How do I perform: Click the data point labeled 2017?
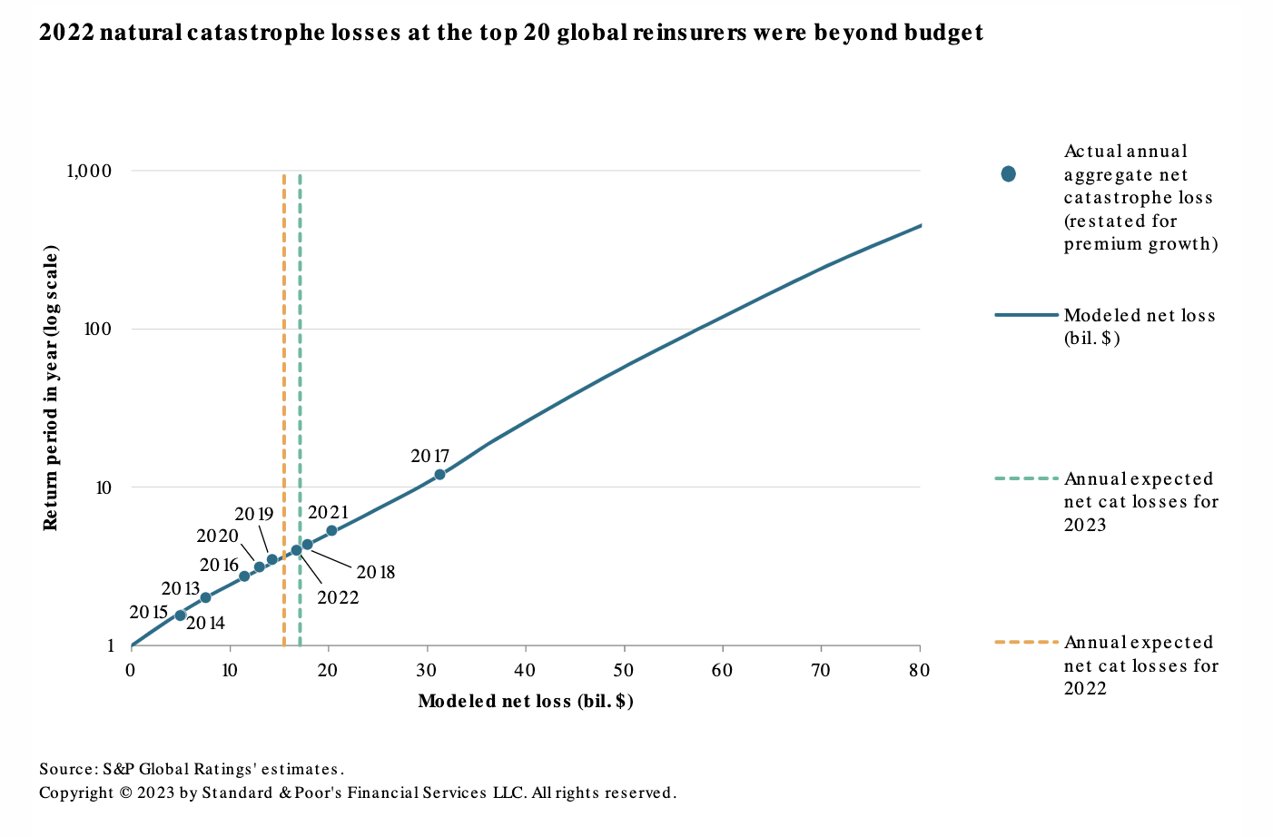pyautogui.click(x=439, y=474)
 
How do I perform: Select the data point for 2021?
pyautogui.click(x=331, y=530)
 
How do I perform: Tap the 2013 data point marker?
pyautogui.click(x=205, y=597)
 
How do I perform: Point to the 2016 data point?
pyautogui.click(x=244, y=576)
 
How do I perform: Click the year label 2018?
pyautogui.click(x=375, y=573)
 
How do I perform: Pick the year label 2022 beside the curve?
pyautogui.click(x=338, y=597)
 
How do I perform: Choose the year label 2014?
pyautogui.click(x=205, y=623)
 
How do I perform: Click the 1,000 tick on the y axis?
pyautogui.click(x=89, y=171)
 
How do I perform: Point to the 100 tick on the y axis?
pyautogui.click(x=97, y=329)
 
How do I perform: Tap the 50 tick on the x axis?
pyautogui.click(x=624, y=671)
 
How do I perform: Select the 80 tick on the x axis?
pyautogui.click(x=920, y=671)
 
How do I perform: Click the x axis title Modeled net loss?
pyautogui.click(x=526, y=702)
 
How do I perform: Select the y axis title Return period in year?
pyautogui.click(x=51, y=388)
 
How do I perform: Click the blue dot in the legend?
pyautogui.click(x=1008, y=174)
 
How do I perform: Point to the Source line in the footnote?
pyautogui.click(x=192, y=769)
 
